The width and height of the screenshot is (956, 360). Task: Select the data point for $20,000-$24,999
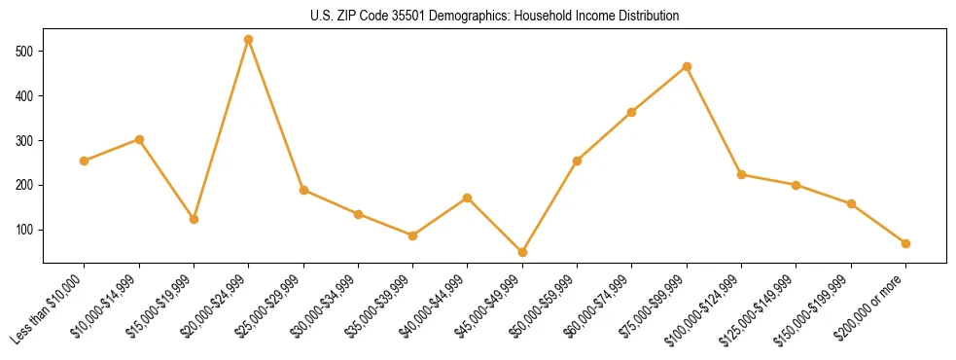pos(249,39)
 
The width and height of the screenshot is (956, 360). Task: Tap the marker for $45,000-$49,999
pos(522,252)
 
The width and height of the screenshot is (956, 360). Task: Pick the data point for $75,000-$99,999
pos(687,66)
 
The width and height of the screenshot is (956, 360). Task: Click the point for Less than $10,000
pos(85,161)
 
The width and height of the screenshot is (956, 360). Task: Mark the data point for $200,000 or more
pos(905,243)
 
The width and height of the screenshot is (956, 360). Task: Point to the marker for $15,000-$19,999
pos(194,219)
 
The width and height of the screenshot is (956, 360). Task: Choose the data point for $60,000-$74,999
pos(632,112)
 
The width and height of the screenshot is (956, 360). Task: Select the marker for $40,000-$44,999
pos(468,198)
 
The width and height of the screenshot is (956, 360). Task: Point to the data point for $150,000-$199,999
pos(851,203)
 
